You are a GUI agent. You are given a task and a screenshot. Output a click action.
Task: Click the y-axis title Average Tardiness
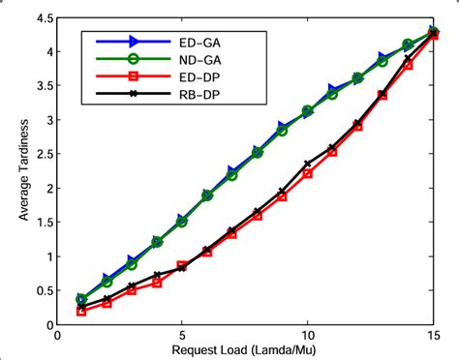22,172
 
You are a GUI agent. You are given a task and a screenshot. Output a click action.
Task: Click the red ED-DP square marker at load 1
81,311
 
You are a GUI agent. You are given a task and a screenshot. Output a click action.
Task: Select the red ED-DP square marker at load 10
307,173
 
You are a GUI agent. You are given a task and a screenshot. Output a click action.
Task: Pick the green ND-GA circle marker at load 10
307,111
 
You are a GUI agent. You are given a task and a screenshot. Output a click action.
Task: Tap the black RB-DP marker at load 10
307,165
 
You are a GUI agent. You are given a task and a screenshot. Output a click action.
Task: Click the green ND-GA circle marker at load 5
181,222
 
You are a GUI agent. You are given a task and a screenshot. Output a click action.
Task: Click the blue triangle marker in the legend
134,43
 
